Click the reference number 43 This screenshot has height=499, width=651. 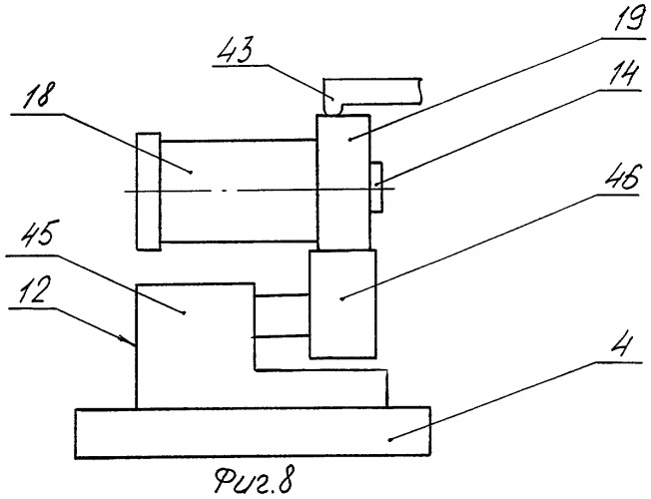point(237,50)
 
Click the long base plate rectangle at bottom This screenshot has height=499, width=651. point(253,432)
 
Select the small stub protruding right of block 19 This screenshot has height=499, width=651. point(375,188)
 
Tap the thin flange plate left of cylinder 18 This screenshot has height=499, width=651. point(148,192)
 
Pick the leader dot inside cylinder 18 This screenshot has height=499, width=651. point(191,172)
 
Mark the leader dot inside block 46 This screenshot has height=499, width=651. point(341,298)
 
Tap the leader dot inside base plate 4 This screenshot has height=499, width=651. point(389,439)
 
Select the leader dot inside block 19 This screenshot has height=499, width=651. point(350,140)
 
